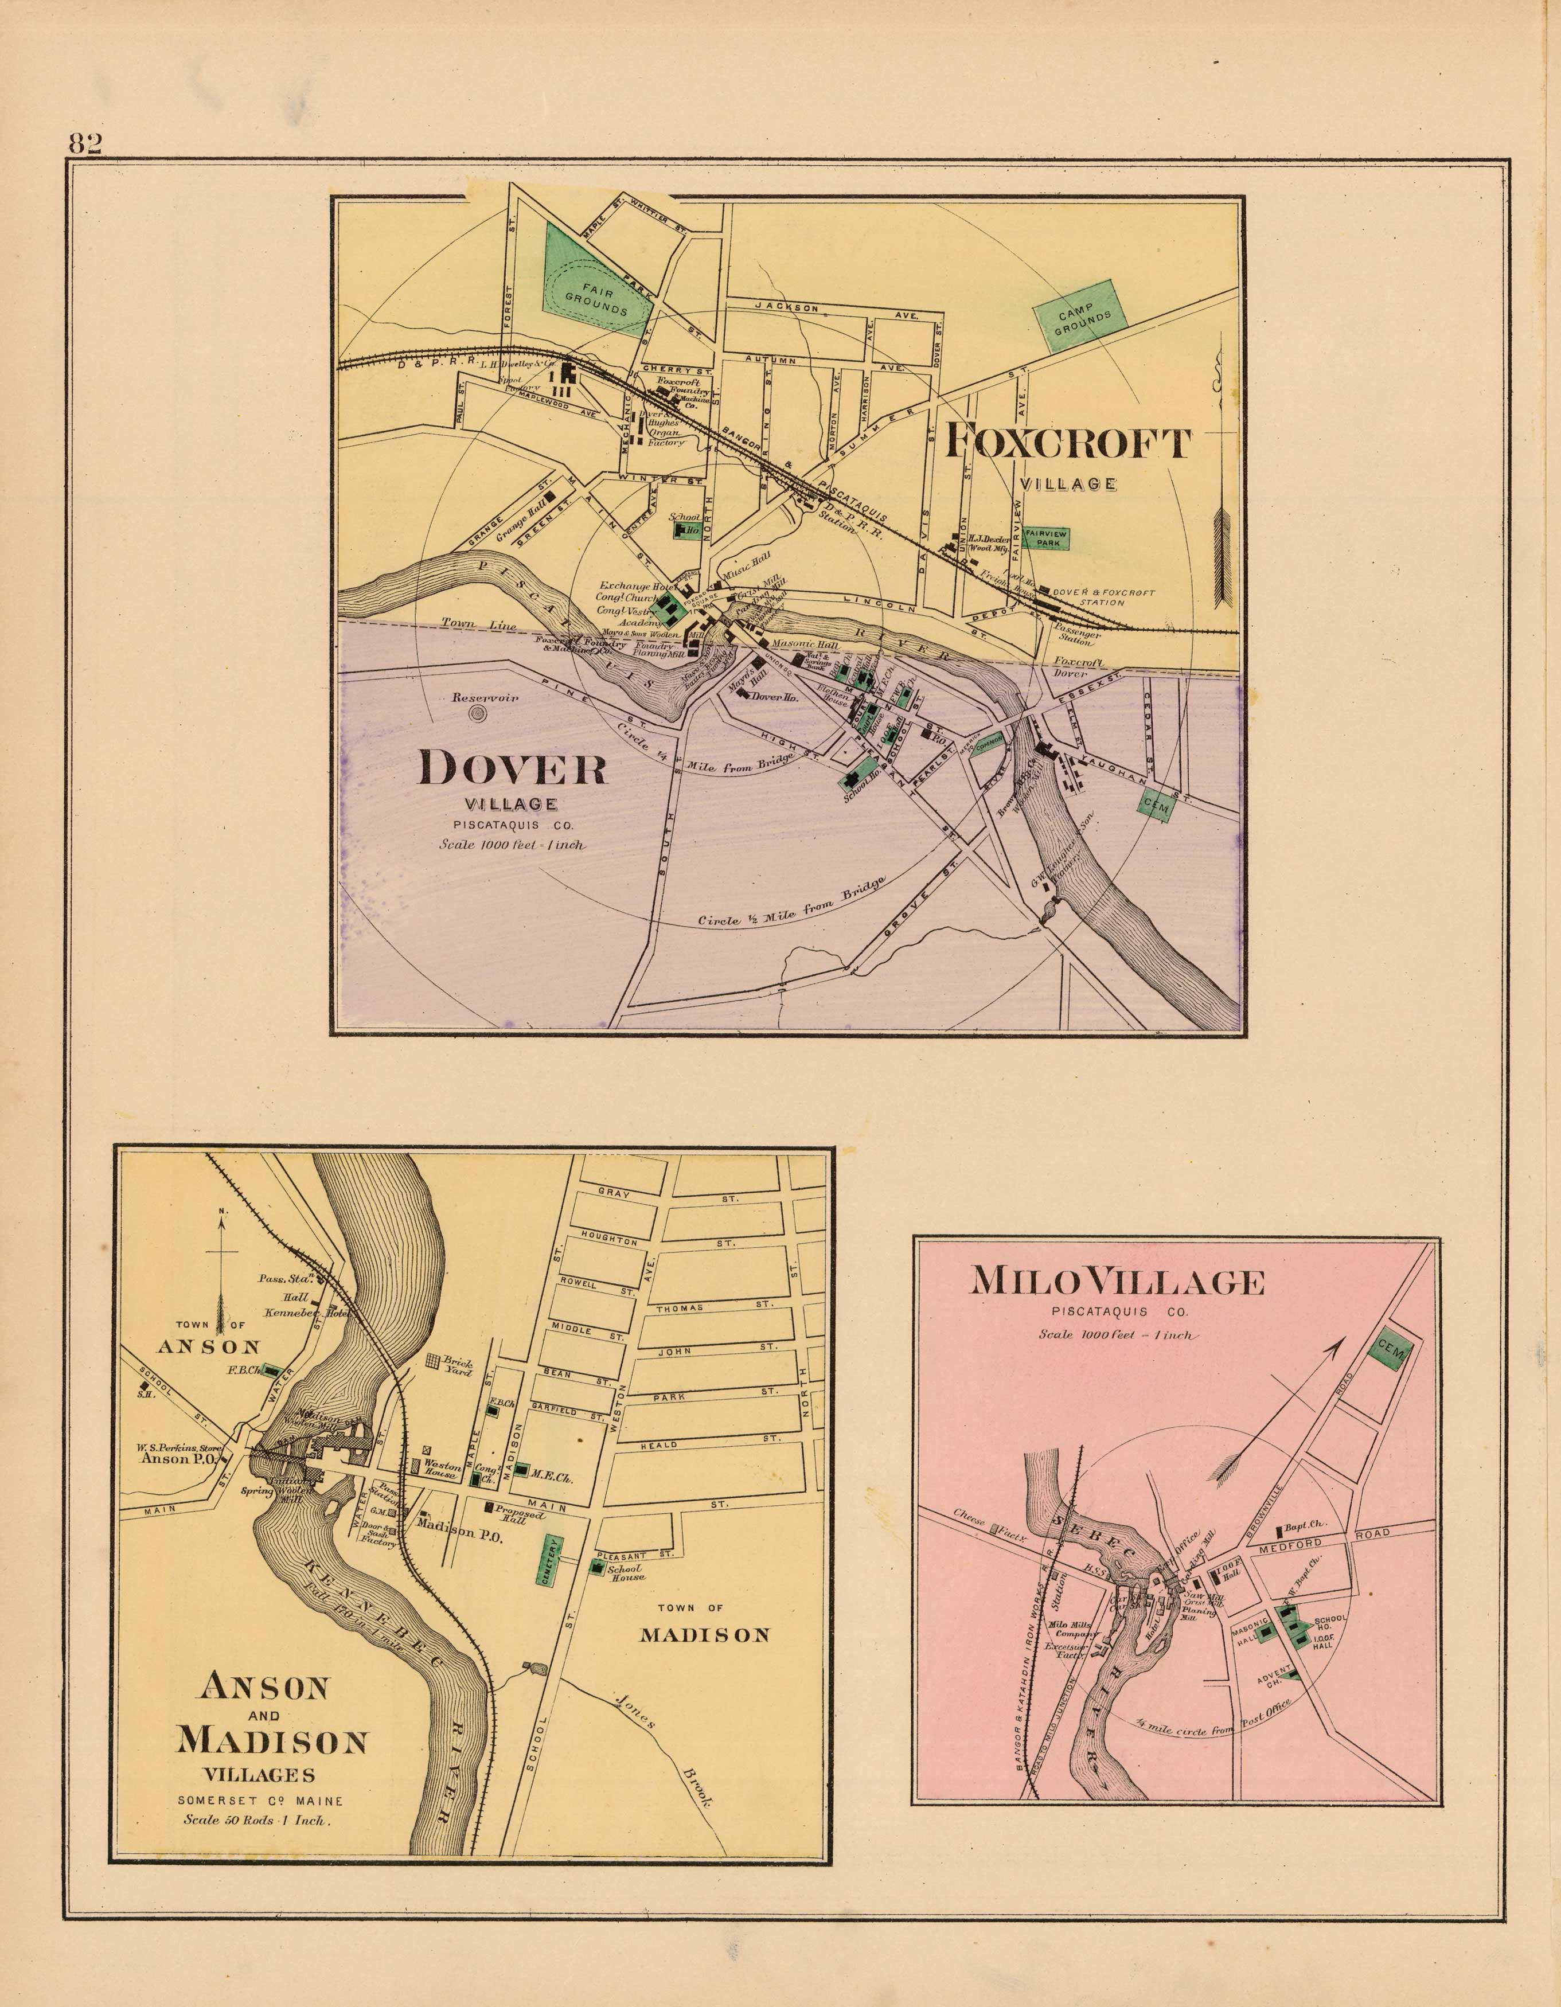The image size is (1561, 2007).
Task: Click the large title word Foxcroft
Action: tap(1068, 444)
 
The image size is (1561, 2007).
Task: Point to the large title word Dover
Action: tap(512, 768)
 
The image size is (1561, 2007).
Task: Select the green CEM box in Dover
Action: tap(1155, 805)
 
